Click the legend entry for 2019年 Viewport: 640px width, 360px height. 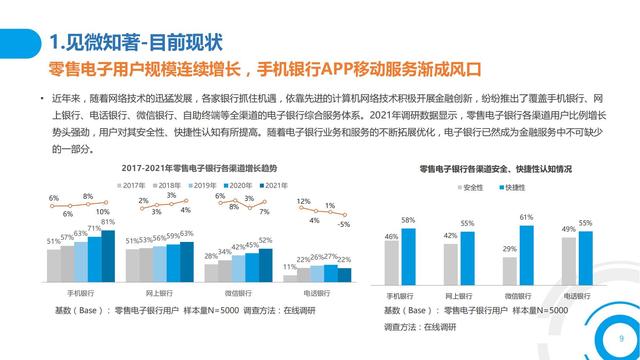(x=204, y=185)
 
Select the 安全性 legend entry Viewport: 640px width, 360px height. (x=470, y=186)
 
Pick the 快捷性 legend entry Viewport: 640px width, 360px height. (x=515, y=186)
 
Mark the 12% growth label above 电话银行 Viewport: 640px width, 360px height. (x=302, y=202)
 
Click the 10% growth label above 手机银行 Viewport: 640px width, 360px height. (x=102, y=212)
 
